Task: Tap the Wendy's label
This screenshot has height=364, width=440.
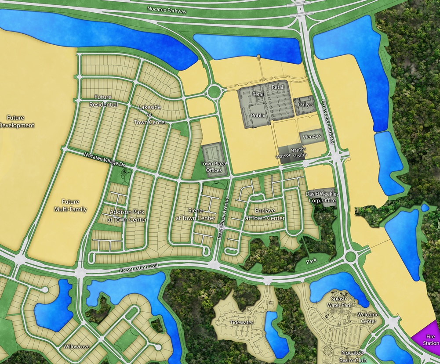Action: (x=313, y=137)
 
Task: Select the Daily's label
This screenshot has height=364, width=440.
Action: (x=305, y=105)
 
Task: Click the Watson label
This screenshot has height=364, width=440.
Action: (x=284, y=156)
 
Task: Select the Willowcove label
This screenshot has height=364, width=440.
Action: (x=76, y=346)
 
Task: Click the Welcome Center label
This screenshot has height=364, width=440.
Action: (x=367, y=318)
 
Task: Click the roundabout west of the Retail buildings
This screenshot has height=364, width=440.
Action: (x=214, y=92)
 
